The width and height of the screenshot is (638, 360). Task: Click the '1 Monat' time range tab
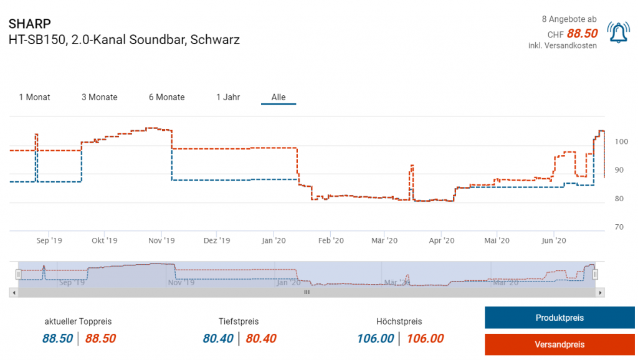pyautogui.click(x=34, y=97)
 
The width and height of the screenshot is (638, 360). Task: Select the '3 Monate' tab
pyautogui.click(x=99, y=97)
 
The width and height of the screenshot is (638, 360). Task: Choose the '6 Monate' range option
pyautogui.click(x=166, y=97)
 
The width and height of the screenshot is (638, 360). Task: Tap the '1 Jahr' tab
pyautogui.click(x=228, y=97)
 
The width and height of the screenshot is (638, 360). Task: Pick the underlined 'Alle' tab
pyautogui.click(x=279, y=97)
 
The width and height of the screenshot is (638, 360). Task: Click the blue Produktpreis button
pyautogui.click(x=559, y=318)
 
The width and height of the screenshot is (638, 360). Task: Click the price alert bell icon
pyautogui.click(x=619, y=32)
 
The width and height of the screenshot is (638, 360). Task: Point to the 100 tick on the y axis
pyautogui.click(x=621, y=142)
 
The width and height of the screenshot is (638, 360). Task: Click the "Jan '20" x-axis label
pyautogui.click(x=274, y=240)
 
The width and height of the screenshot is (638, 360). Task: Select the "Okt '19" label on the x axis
pyautogui.click(x=104, y=240)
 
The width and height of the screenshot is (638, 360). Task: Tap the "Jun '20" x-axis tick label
pyautogui.click(x=553, y=240)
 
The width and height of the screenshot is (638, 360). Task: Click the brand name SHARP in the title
pyautogui.click(x=30, y=24)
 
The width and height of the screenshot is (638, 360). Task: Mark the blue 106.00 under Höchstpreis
pyautogui.click(x=375, y=339)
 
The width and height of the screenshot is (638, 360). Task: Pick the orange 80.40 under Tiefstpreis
pyautogui.click(x=261, y=339)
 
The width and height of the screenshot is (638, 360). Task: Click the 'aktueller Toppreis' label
pyautogui.click(x=78, y=321)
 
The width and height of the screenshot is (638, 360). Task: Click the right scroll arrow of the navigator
pyautogui.click(x=600, y=291)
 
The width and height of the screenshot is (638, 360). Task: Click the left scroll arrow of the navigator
pyautogui.click(x=13, y=291)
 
